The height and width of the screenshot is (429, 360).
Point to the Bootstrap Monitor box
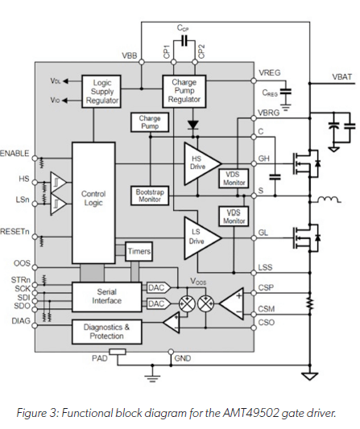pos(149,196)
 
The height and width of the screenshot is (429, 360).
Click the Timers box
pos(139,252)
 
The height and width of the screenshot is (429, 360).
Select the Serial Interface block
pos(107,295)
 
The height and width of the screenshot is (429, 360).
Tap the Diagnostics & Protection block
pos(108,331)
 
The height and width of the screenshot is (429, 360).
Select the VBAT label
pos(341,77)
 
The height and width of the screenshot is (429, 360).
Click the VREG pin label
pos(270,73)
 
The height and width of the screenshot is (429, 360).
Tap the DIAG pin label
pos(21,320)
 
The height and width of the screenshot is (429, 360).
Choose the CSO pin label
pos(267,322)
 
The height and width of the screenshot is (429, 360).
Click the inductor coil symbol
pos(325,199)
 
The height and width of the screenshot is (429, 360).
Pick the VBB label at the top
pos(128,56)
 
